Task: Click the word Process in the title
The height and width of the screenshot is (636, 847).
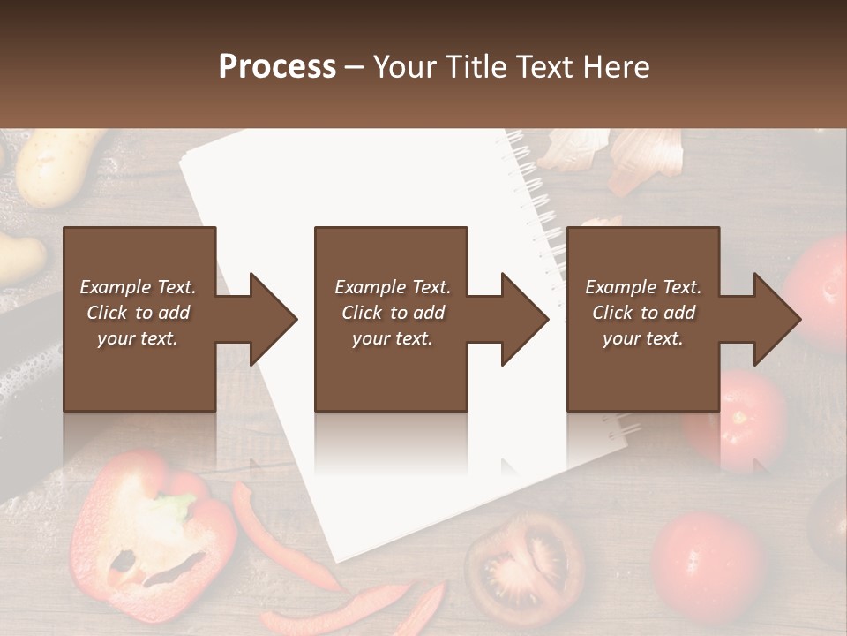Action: (277, 67)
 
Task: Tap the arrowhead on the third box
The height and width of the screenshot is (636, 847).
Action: (776, 319)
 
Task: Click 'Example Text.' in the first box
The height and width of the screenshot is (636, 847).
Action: (138, 287)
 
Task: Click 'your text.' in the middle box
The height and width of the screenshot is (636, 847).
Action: (392, 338)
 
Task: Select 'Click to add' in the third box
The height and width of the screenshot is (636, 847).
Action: (644, 313)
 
